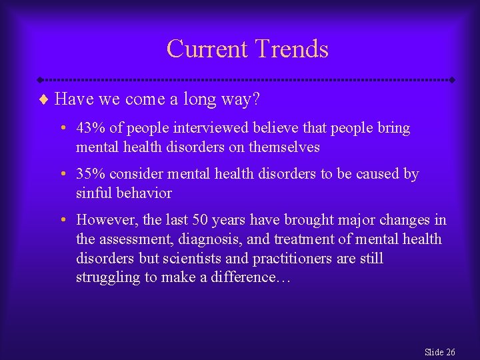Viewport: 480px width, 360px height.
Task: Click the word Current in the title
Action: pos(206,49)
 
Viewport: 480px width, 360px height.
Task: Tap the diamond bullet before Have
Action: pos(45,100)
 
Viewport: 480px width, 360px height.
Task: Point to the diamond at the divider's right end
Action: pos(453,79)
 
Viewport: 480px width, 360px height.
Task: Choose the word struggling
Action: pos(108,277)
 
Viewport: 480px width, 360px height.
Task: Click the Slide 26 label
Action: pos(439,351)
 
